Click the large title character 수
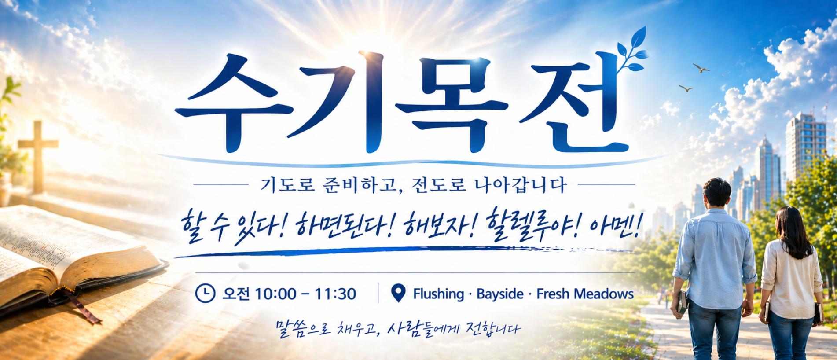pyautogui.click(x=233, y=103)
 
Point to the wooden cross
pyautogui.click(x=38, y=157)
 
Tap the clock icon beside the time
pyautogui.click(x=205, y=294)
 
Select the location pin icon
pyautogui.click(x=398, y=293)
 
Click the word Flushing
pyautogui.click(x=438, y=294)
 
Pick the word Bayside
pyautogui.click(x=500, y=294)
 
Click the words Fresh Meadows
pyautogui.click(x=585, y=294)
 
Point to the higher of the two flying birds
pyautogui.click(x=701, y=68)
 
